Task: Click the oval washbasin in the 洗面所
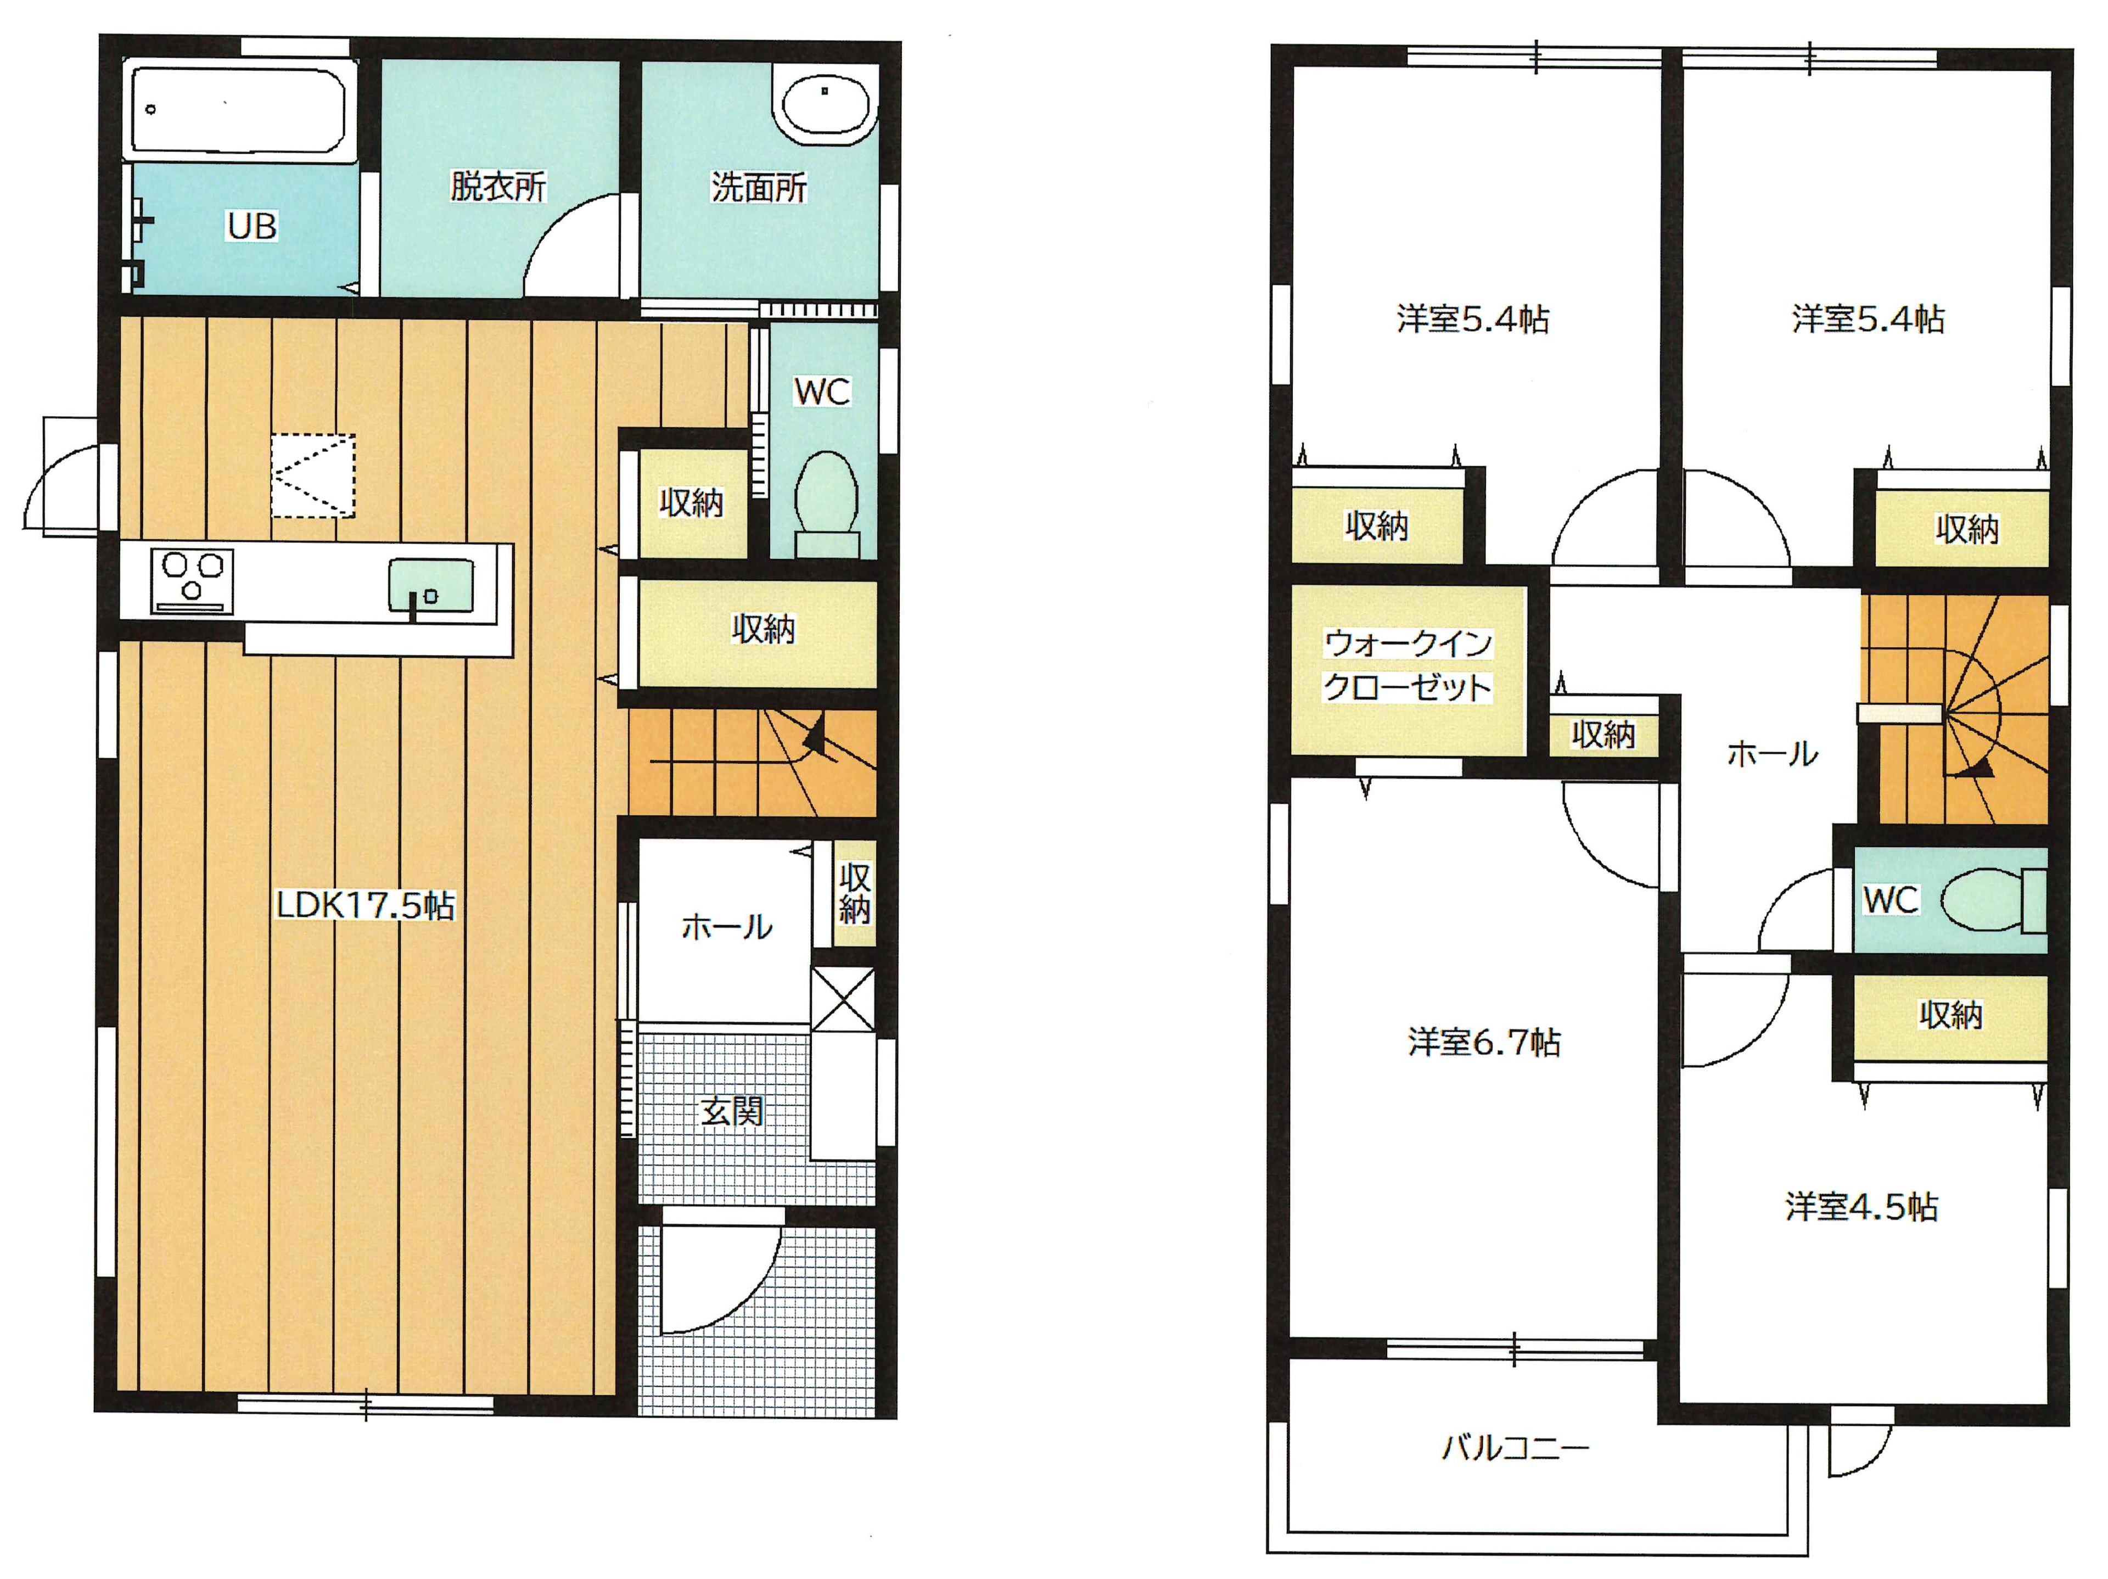coord(825,102)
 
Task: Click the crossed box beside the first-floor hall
coord(843,999)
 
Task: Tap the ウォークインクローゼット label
coord(1408,665)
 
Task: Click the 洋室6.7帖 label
coord(1484,1043)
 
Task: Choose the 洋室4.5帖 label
coord(1861,1207)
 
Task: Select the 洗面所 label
coord(759,187)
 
